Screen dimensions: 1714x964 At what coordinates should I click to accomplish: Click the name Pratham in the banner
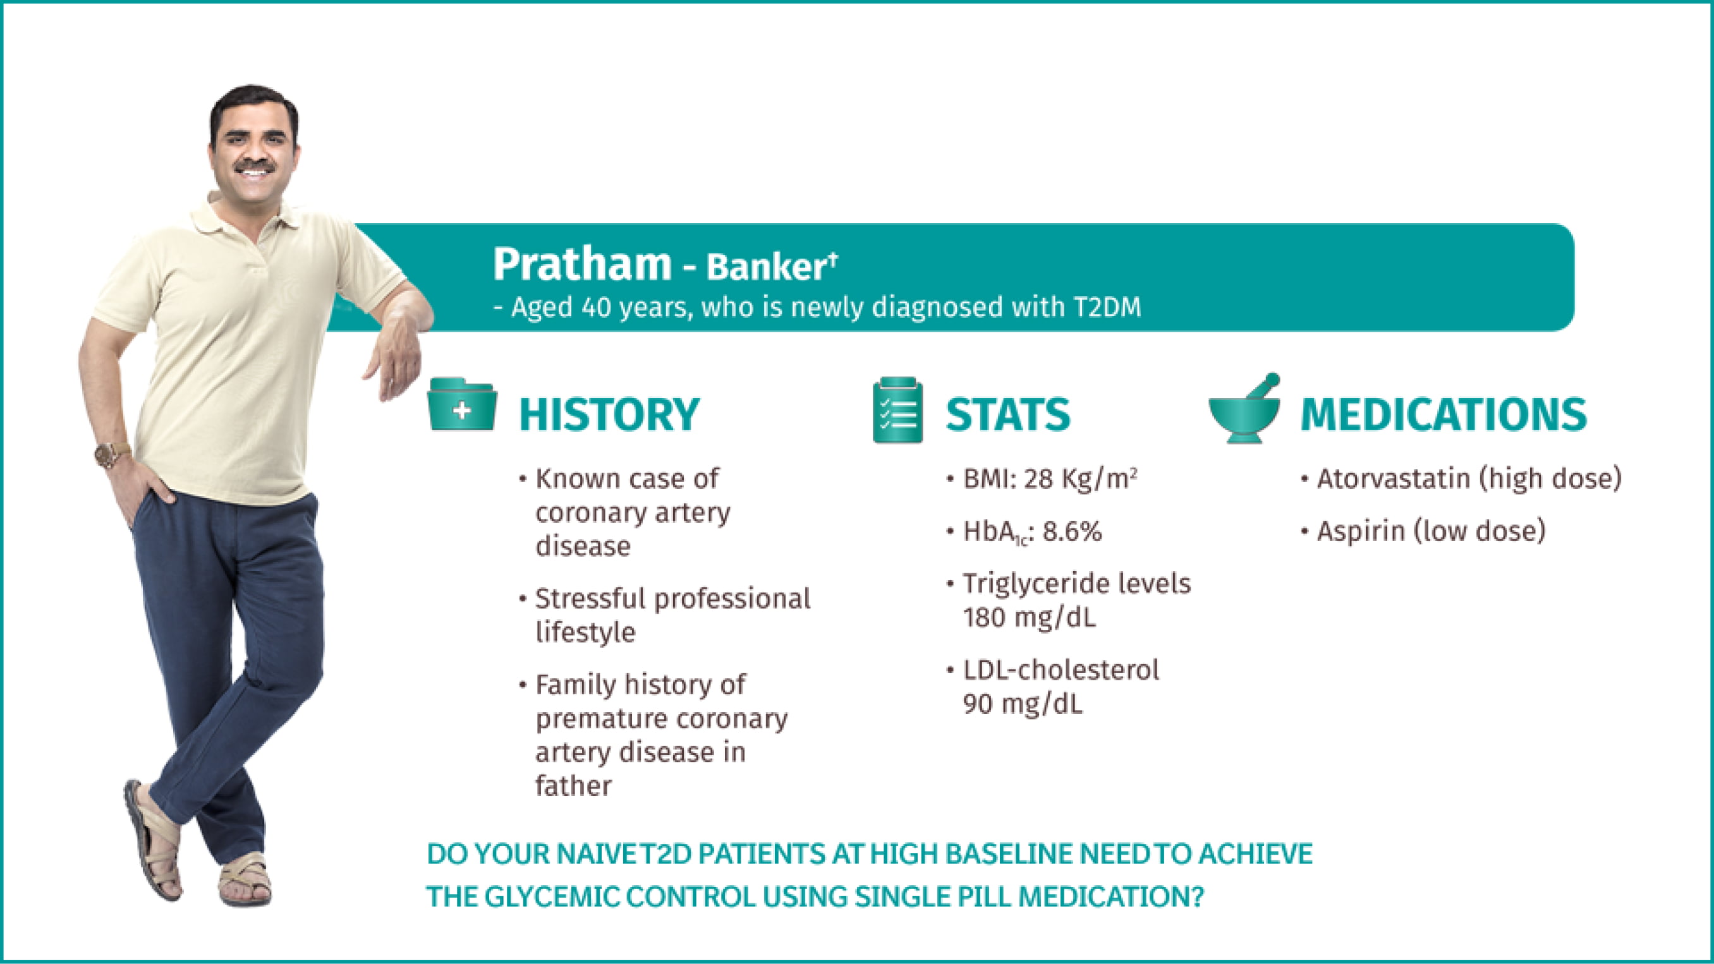(582, 264)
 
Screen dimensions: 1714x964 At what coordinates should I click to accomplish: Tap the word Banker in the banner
(766, 267)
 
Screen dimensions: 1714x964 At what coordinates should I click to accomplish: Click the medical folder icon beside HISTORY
(461, 404)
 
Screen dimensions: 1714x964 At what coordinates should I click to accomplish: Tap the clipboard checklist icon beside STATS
(897, 410)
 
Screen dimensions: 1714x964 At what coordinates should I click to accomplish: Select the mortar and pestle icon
(1244, 409)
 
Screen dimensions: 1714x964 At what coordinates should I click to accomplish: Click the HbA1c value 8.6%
(1072, 531)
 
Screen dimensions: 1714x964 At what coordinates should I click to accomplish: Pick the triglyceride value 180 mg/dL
(1029, 618)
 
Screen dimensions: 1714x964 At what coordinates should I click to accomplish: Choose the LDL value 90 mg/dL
(1022, 704)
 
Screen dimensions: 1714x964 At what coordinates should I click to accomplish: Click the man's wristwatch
(111, 455)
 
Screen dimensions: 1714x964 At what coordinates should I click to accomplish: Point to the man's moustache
(255, 165)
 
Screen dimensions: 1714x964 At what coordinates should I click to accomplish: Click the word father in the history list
(574, 786)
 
